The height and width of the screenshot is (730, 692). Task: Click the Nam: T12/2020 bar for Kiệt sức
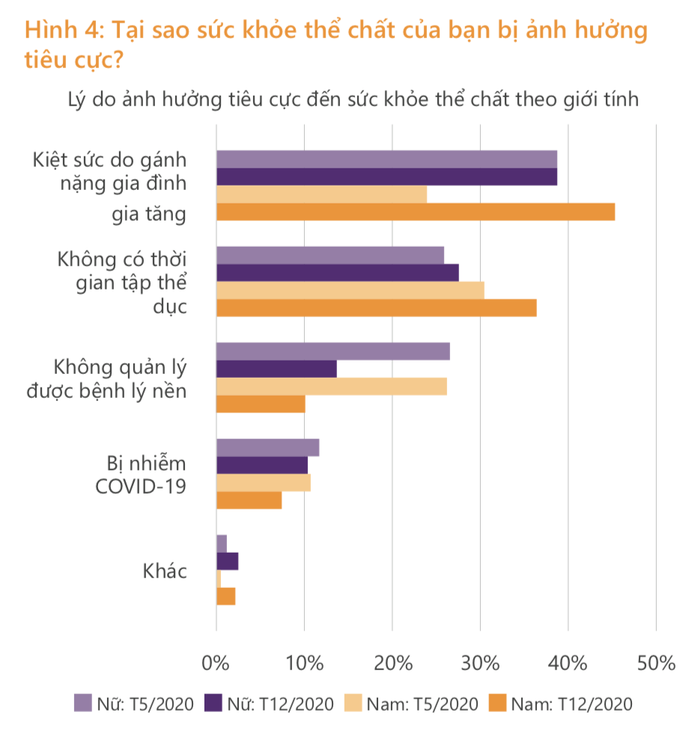[x=415, y=212]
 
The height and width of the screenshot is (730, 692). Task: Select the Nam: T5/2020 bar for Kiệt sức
[x=321, y=194]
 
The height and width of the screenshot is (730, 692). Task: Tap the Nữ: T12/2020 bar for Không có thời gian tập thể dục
[x=337, y=273]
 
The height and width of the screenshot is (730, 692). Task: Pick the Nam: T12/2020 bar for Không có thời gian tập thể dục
[x=376, y=308]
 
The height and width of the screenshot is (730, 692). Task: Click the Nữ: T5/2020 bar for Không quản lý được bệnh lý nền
[x=333, y=352]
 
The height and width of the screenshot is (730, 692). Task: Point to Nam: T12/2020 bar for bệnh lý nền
[x=261, y=404]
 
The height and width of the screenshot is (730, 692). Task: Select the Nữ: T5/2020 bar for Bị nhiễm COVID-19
[x=267, y=448]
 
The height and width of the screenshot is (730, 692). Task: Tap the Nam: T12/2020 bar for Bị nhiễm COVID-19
[x=249, y=500]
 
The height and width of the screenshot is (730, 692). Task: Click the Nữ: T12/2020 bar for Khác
[x=227, y=561]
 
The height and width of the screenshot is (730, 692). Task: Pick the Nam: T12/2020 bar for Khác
[x=225, y=596]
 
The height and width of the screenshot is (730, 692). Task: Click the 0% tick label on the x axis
[x=216, y=663]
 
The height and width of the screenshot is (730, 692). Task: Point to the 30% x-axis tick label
[x=480, y=663]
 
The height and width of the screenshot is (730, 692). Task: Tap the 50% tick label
[x=656, y=663]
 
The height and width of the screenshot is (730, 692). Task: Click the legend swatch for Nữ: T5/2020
[x=82, y=703]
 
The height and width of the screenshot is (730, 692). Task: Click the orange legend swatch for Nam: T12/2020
[x=496, y=703]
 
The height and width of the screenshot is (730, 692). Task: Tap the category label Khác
[x=165, y=572]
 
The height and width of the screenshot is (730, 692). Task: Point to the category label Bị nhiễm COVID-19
[x=141, y=473]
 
